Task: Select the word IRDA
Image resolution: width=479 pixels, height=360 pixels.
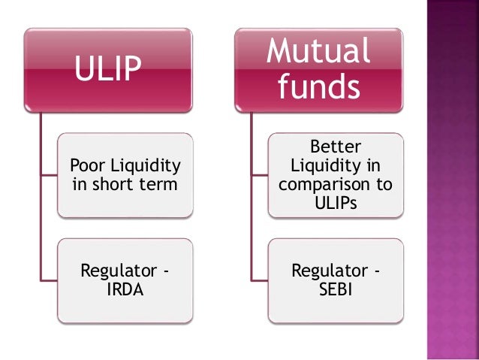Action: (123, 289)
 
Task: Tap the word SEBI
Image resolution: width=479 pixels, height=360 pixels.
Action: (335, 289)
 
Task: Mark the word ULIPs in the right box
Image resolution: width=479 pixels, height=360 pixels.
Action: (335, 202)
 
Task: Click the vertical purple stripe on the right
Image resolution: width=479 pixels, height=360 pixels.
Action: (452, 180)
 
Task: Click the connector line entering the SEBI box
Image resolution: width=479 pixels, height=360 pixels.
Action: (260, 280)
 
